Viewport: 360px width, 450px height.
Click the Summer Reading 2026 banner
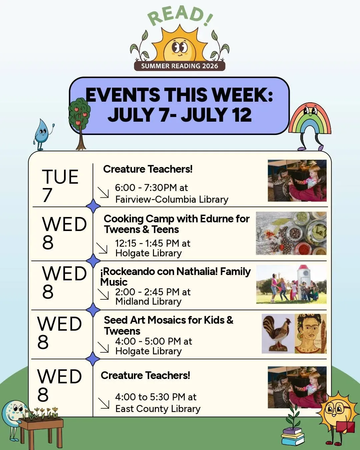(179, 66)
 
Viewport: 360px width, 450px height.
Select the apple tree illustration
(80, 124)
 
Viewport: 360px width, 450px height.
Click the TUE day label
(60, 177)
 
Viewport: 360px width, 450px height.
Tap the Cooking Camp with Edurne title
(177, 224)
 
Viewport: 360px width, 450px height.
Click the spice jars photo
(291, 233)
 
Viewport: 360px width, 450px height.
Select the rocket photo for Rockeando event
(291, 284)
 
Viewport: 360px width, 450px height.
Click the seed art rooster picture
(278, 334)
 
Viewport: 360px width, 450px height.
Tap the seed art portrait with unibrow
(311, 334)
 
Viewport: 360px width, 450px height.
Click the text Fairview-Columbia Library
(172, 199)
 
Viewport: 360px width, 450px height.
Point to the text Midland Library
(148, 302)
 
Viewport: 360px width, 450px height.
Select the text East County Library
(158, 409)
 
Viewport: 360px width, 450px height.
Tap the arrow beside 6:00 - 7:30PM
(103, 192)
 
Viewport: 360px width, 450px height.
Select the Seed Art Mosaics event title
(169, 325)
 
